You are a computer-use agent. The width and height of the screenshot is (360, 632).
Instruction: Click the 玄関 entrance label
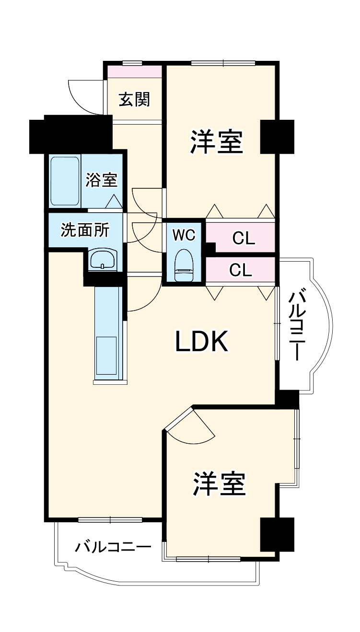(x=135, y=99)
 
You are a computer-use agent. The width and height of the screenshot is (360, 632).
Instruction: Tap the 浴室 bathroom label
(x=102, y=181)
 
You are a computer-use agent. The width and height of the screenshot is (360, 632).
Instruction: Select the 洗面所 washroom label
(x=84, y=230)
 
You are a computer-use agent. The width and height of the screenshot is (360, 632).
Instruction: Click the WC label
(x=184, y=235)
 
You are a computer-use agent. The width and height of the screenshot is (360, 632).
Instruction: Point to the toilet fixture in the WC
(x=184, y=265)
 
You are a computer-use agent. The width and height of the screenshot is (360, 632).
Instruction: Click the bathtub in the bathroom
(x=65, y=181)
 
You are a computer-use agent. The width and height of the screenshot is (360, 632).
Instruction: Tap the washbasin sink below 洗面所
(x=102, y=260)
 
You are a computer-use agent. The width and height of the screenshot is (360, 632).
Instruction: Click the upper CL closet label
(x=244, y=238)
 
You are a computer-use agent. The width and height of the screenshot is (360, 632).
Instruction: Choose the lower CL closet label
(x=241, y=270)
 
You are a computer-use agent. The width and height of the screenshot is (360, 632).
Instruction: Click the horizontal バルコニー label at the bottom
(x=113, y=547)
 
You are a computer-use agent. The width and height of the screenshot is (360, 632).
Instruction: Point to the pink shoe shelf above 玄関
(x=134, y=71)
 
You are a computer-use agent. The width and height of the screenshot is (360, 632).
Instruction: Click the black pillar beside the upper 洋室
(x=277, y=136)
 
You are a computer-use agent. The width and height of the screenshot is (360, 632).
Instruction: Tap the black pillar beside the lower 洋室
(x=277, y=534)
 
